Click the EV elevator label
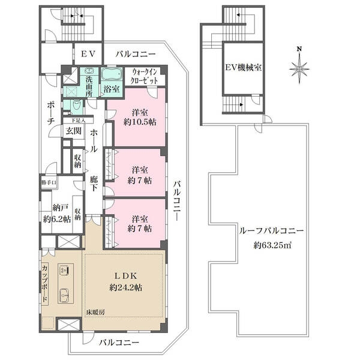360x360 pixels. pos(88,54)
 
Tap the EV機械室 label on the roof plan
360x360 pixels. pos(244,68)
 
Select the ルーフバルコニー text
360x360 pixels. pos(271,231)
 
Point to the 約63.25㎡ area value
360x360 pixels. pos(272,246)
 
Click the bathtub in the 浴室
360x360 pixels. pos(112,74)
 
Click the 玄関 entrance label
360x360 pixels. pos(73,131)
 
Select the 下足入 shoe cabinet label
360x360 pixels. pos(79,120)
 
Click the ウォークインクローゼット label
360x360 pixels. pos(144,76)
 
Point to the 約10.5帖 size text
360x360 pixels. pos(140,122)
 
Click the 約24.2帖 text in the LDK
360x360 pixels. pos(125,287)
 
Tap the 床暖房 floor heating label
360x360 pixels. pos(95,312)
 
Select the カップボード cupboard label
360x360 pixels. pos(45,284)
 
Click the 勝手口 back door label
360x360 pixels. pos(49,183)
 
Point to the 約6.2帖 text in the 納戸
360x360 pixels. pos(57,219)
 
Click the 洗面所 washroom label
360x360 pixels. pos(89,86)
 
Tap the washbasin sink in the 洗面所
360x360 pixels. pos(89,70)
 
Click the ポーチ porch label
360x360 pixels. pos(50,113)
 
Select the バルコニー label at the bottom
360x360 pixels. pos(119,343)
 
